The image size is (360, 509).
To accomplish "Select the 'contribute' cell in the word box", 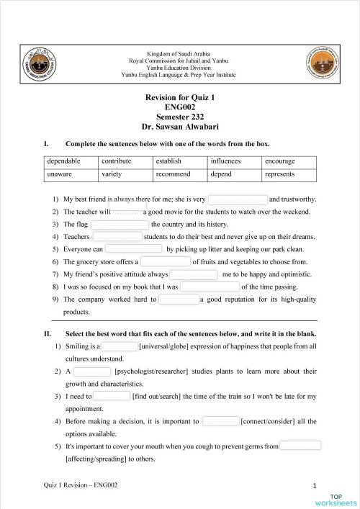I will tap(116, 161).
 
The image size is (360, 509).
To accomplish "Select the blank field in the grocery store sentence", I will tap(166, 261).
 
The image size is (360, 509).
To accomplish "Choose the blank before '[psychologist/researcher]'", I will tap(92, 371).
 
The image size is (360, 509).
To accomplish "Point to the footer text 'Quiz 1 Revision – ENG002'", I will tap(81, 485).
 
